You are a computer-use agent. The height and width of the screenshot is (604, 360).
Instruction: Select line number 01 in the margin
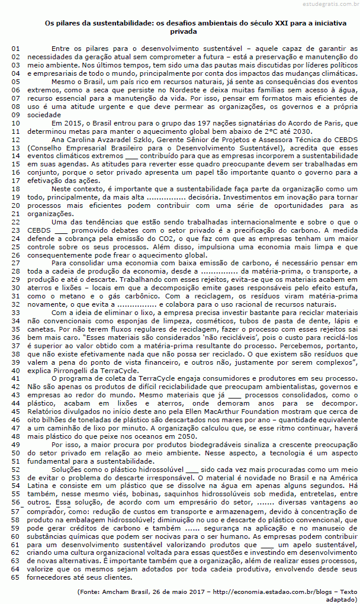[16, 48]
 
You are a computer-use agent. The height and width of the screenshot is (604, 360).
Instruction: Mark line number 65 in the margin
[16, 577]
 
